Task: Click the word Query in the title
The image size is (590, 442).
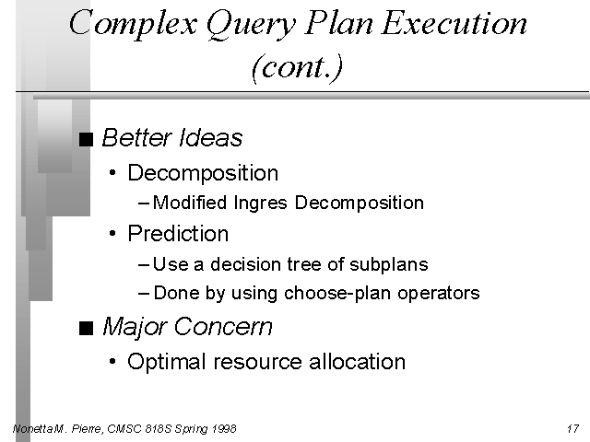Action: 250,25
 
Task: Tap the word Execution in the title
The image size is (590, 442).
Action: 454,22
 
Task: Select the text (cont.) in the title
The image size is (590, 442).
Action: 297,67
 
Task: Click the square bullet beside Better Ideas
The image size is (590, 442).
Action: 86,139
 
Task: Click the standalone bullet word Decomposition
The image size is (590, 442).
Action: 203,173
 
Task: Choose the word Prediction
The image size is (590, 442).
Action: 178,233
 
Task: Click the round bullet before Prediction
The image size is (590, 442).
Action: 112,234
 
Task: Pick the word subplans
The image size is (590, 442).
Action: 389,264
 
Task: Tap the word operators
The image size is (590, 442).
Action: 439,294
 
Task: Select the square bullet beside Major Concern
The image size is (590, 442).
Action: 86,328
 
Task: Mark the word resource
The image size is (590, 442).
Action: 257,362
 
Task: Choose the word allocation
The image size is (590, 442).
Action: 357,361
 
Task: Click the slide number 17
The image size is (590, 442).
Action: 572,428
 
